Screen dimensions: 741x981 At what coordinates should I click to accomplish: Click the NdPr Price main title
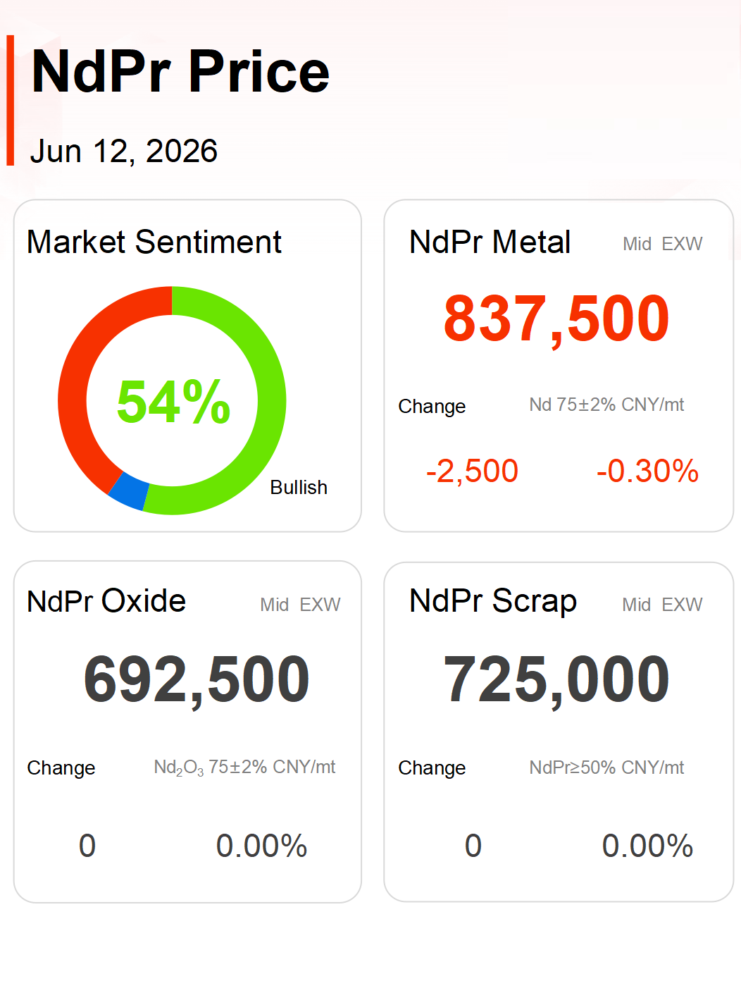tap(180, 71)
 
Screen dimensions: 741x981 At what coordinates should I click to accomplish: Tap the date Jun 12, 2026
tap(124, 151)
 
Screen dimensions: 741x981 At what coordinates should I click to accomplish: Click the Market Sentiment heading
tap(154, 242)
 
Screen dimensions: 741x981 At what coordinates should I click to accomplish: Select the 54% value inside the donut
tap(173, 401)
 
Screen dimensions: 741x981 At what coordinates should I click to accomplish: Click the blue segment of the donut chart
tap(129, 491)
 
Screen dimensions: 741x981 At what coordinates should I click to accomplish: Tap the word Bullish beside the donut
tap(299, 487)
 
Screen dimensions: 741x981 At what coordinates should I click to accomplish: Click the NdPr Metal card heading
tap(490, 242)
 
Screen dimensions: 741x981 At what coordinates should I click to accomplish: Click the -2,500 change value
tap(472, 471)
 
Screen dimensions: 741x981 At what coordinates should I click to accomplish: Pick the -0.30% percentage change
tap(647, 471)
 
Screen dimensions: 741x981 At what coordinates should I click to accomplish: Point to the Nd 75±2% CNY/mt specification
tap(606, 405)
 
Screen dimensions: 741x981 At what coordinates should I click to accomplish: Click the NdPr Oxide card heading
tap(106, 601)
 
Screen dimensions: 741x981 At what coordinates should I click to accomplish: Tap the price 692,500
tap(197, 679)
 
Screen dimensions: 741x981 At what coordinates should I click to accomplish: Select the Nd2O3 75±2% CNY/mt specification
tap(244, 767)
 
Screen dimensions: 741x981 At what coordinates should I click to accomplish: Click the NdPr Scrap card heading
tap(493, 602)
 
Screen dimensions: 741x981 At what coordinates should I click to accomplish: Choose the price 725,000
tap(556, 679)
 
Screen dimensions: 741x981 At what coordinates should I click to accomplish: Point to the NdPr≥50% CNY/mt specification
tap(606, 768)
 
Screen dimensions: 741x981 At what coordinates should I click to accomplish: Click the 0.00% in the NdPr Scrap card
tap(647, 846)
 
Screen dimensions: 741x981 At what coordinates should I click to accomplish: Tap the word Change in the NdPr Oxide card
tap(61, 768)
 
